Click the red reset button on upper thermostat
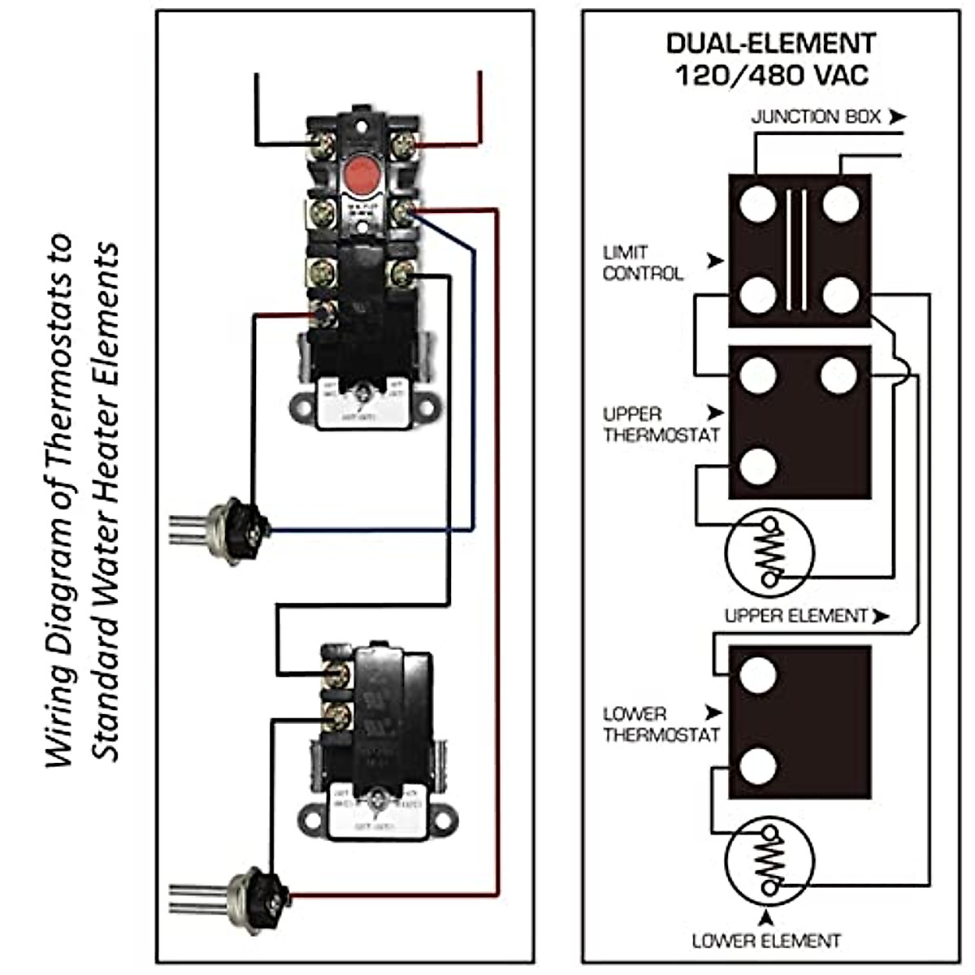point(357,173)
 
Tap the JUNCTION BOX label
point(816,117)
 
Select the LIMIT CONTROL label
point(643,263)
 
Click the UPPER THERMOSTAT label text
point(661,424)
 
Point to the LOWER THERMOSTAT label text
point(661,724)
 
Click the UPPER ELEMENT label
point(795,616)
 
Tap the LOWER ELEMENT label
point(766,941)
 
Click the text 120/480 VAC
point(772,76)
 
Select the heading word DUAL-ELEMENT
point(771,42)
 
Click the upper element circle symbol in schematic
point(769,552)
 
